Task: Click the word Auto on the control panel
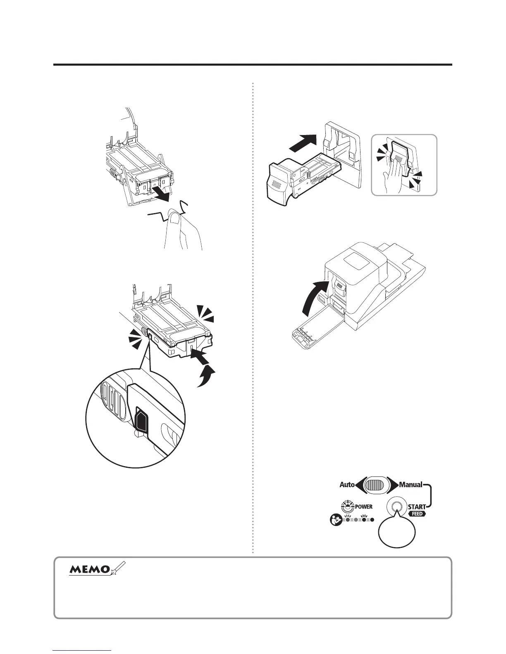[x=347, y=484]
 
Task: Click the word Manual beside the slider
[x=410, y=484]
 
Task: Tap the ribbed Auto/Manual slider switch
[x=376, y=484]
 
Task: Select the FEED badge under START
[x=417, y=514]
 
